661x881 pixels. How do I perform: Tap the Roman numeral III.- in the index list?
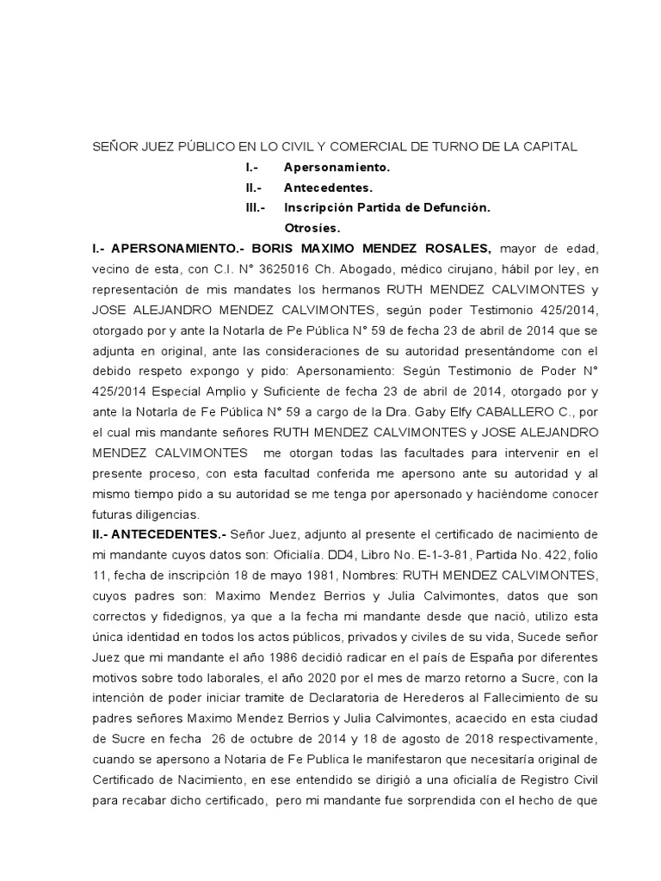tap(256, 207)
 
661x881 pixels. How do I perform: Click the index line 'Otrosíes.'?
tap(312, 228)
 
